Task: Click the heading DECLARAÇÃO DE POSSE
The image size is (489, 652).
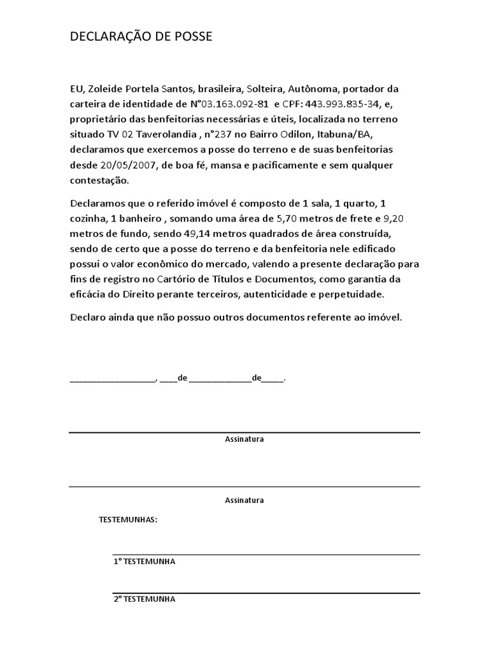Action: click(x=141, y=38)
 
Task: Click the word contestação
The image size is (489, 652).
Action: click(x=99, y=181)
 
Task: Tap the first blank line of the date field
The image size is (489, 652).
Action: click(x=112, y=379)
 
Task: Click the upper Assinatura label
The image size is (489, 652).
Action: click(x=244, y=439)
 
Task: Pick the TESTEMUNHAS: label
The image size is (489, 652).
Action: click(x=128, y=520)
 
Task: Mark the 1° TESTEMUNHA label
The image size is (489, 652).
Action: click(x=144, y=562)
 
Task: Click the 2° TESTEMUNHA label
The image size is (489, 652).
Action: click(x=144, y=599)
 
